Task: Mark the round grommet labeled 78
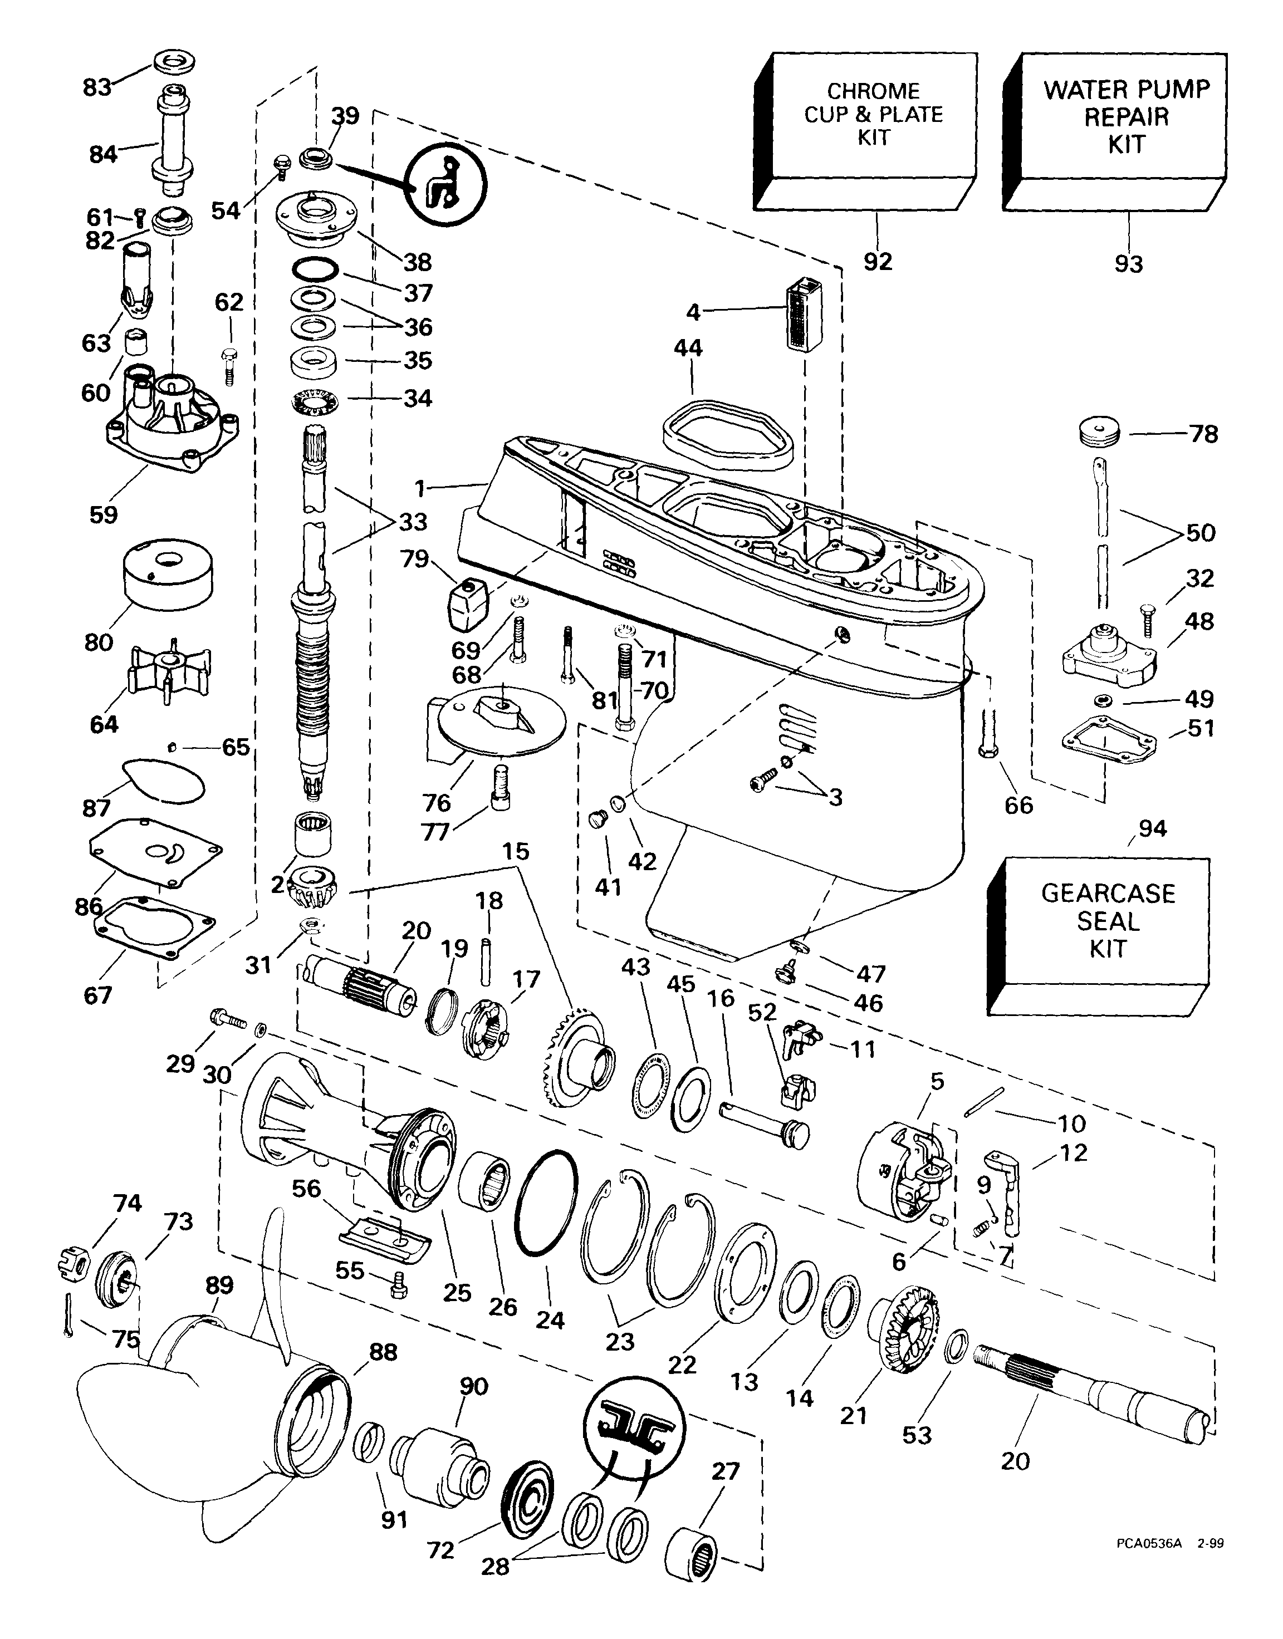pyautogui.click(x=1101, y=431)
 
